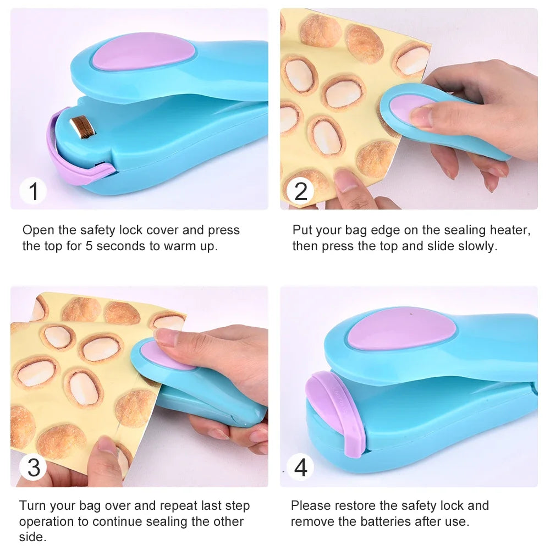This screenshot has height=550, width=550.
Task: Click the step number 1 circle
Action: point(34,192)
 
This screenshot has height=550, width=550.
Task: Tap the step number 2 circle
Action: point(301,192)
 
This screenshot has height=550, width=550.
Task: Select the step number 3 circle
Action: point(34,468)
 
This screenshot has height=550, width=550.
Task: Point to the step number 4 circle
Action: point(301,468)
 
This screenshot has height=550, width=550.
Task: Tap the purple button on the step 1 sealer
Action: point(143,51)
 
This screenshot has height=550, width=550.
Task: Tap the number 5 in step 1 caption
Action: point(89,246)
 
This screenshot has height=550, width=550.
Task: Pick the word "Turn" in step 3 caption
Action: point(32,505)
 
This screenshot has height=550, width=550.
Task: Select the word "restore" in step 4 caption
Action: point(356,505)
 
